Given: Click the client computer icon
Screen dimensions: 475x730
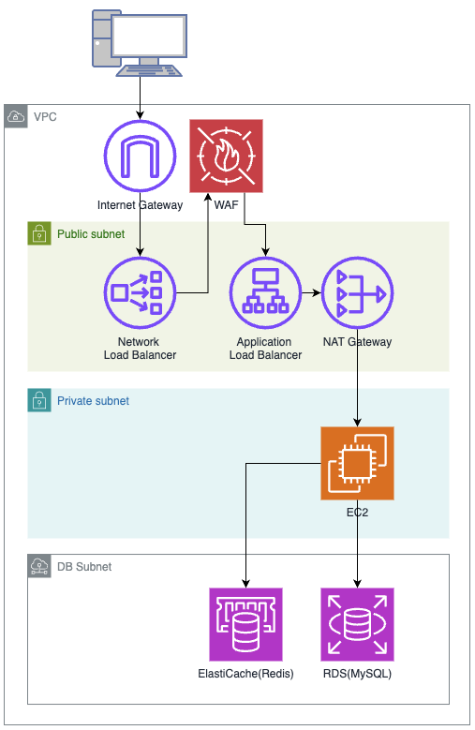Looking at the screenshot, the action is (x=140, y=43).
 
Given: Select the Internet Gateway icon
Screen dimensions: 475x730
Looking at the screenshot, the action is (x=140, y=156).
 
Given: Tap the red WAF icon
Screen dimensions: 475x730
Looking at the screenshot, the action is (x=226, y=156).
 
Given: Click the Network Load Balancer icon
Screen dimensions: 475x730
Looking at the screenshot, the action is (x=140, y=292).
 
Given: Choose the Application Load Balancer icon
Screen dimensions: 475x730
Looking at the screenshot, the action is (x=266, y=292).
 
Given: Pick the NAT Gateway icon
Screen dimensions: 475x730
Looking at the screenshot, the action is (x=357, y=292).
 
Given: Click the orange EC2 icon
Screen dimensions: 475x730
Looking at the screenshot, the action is (x=357, y=463).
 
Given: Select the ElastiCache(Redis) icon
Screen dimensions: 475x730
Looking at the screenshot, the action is (x=245, y=624).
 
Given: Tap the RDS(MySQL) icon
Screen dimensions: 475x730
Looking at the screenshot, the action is (x=357, y=624).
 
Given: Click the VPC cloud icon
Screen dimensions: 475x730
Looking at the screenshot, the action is (x=16, y=116).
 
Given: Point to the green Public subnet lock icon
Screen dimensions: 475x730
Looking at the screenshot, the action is (x=39, y=233).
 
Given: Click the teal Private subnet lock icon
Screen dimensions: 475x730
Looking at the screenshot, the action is (x=39, y=400).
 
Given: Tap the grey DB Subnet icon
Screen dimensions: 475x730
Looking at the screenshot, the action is (x=39, y=566).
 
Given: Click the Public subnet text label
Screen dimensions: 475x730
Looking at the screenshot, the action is (x=91, y=233).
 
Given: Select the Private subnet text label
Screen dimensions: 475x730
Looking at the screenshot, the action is (x=93, y=401).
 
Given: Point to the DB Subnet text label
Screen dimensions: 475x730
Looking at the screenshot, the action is (x=84, y=567).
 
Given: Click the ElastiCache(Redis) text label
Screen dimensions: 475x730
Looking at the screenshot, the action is (x=245, y=674).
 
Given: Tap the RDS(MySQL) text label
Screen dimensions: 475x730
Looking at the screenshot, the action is (x=357, y=674).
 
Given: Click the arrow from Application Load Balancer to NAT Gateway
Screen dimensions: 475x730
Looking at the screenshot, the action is (x=311, y=292).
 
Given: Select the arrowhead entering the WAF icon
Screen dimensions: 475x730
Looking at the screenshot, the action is (x=208, y=197).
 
